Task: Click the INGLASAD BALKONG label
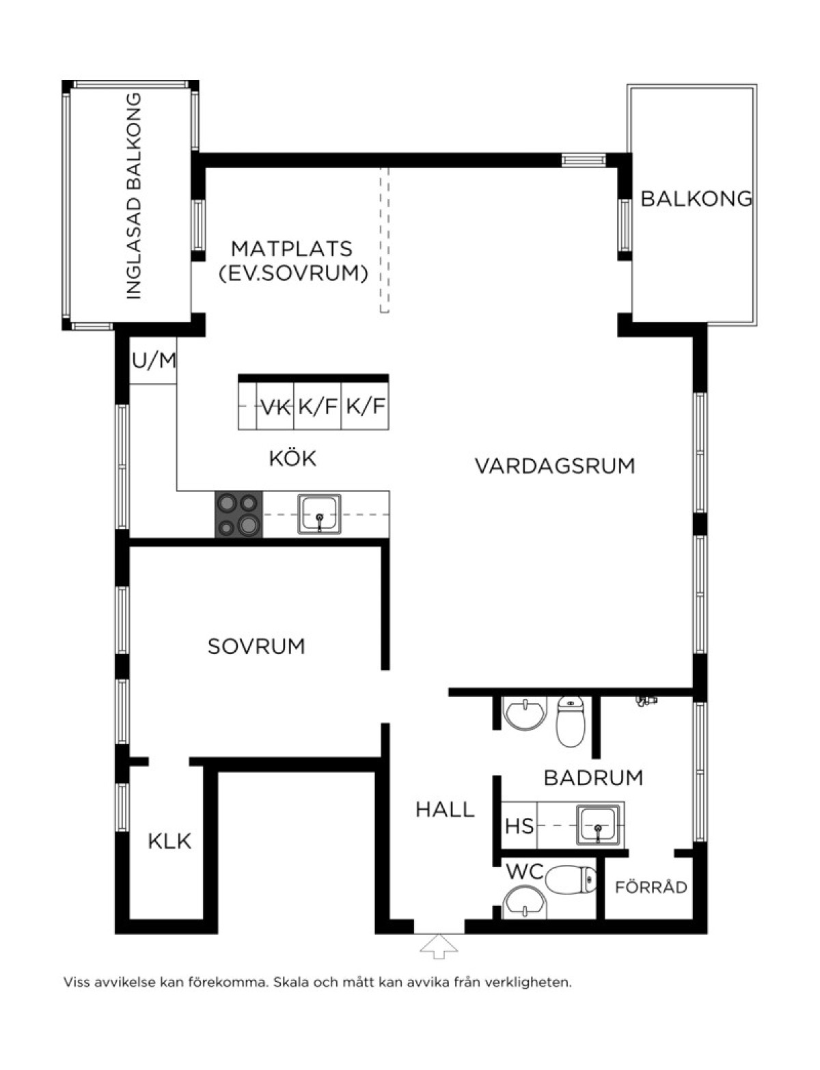point(134,196)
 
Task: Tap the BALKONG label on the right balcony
point(696,198)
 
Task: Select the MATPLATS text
point(292,249)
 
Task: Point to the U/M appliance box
point(153,361)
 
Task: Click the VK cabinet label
point(275,407)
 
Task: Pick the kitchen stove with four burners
point(238,515)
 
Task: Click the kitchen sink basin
point(319,515)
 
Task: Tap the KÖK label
point(292,458)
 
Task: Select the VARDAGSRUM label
point(555,466)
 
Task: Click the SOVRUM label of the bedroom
point(256,646)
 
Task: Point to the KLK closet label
point(169,842)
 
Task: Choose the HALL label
point(446,810)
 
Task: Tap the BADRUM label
point(593,778)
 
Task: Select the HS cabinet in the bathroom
point(519,825)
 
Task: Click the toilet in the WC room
point(571,880)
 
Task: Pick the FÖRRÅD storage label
point(651,888)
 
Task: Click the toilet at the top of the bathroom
point(571,722)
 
